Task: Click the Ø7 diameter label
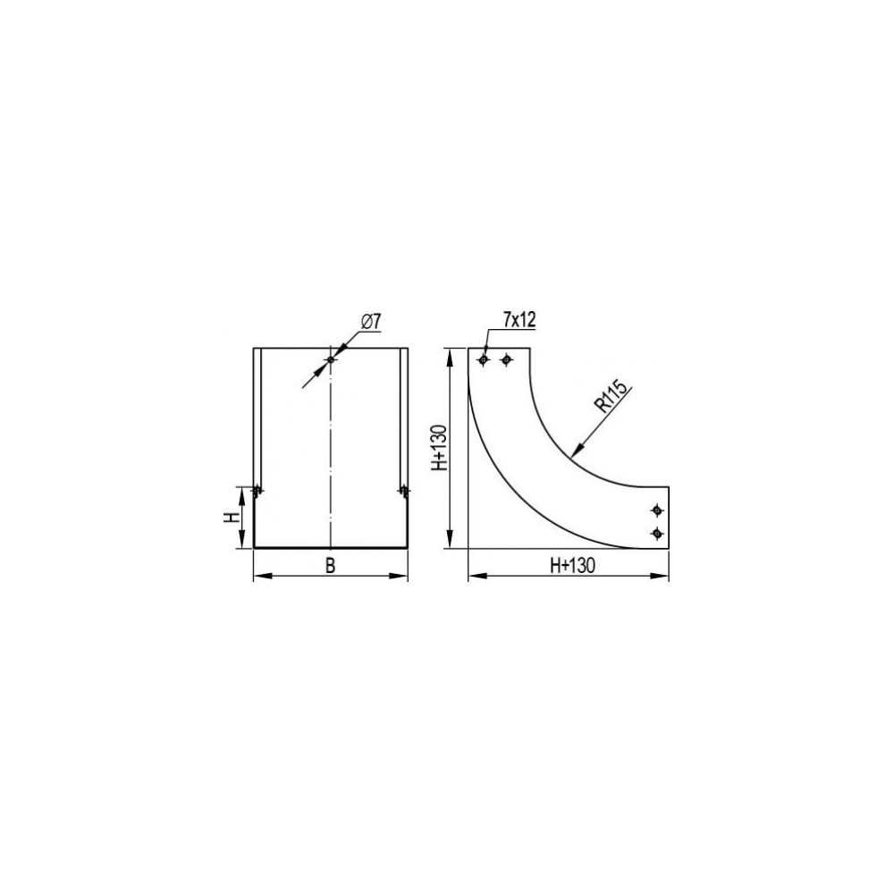(x=371, y=322)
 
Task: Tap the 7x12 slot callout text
(x=519, y=320)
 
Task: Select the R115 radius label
(x=610, y=396)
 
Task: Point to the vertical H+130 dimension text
(x=439, y=448)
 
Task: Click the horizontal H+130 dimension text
(x=572, y=565)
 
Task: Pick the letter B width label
(x=330, y=566)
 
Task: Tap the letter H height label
(x=231, y=517)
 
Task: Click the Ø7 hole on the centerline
(x=331, y=359)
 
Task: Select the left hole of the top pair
(x=484, y=359)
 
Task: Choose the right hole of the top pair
(x=506, y=359)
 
